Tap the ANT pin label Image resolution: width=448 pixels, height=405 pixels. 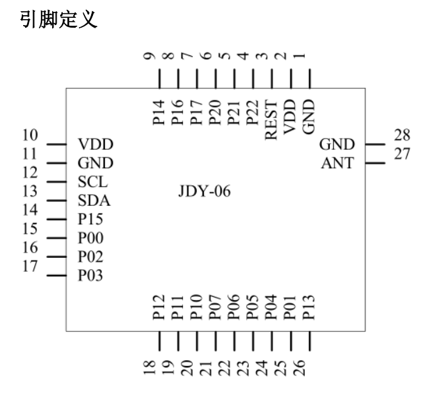pos(337,163)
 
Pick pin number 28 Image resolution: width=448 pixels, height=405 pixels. pos(402,136)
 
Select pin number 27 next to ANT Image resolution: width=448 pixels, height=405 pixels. pos(402,154)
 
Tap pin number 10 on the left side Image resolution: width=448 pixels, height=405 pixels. pos(30,136)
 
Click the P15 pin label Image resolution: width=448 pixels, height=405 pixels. pos(90,220)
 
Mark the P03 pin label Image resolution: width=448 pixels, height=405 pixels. pos(90,276)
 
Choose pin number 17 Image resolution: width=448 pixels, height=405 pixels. pos(30,267)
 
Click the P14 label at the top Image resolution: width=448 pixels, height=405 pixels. pos(158,113)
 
